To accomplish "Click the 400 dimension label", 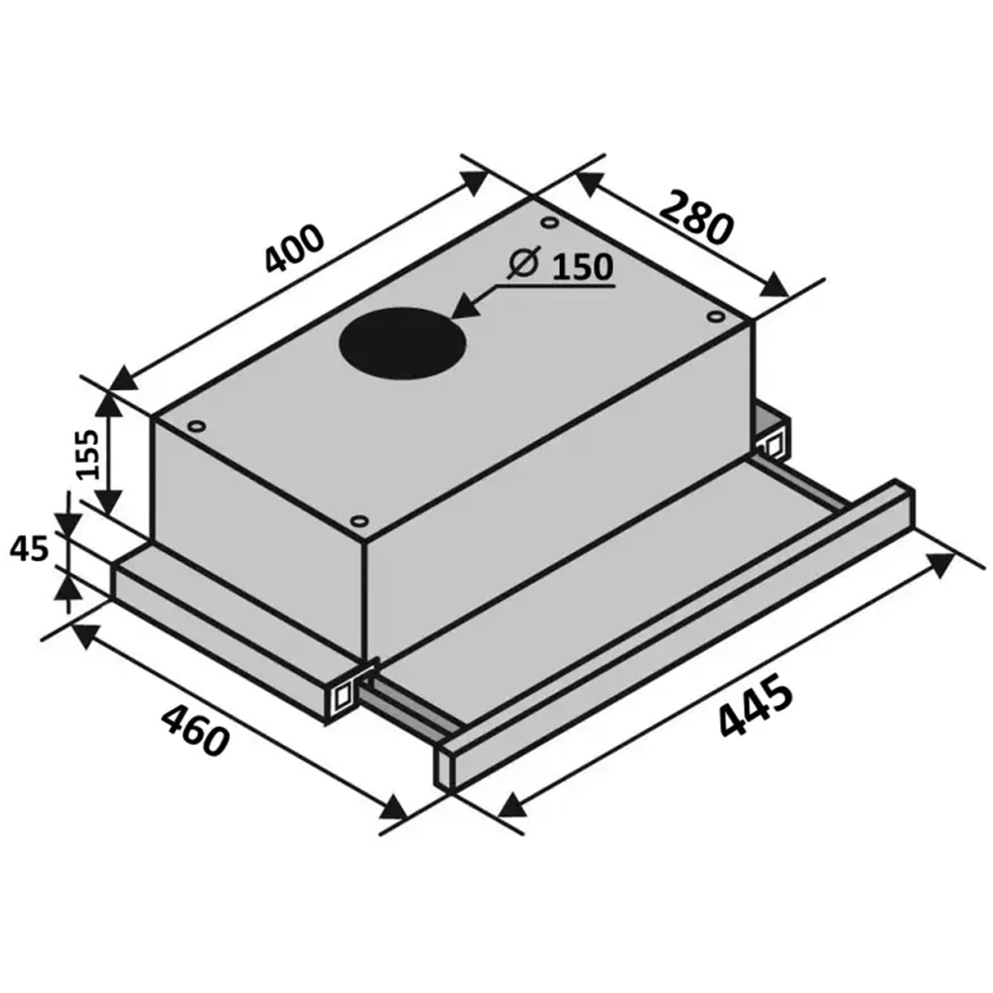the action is [x=294, y=247].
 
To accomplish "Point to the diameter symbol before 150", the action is [x=523, y=261].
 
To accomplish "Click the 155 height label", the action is [x=84, y=454].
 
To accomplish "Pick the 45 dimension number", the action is [x=29, y=548].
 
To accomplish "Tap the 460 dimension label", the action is [x=194, y=731].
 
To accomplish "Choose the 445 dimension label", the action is [x=756, y=706].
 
